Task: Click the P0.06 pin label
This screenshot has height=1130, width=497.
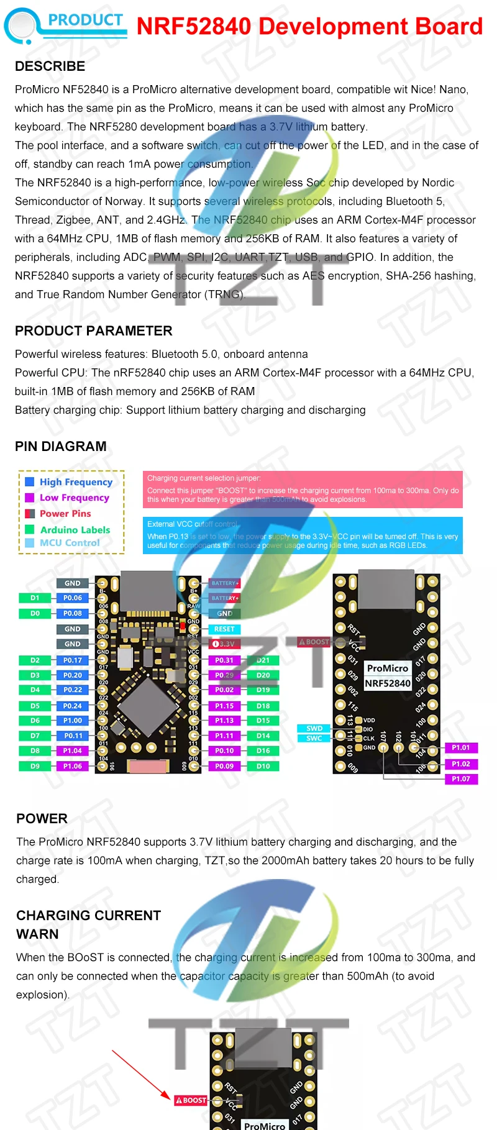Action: [x=73, y=598]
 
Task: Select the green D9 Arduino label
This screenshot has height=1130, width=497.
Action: [x=35, y=766]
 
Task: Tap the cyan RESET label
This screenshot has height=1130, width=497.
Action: [x=224, y=629]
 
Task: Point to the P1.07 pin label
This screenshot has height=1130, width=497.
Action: [x=461, y=778]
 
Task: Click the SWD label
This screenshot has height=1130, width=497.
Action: [x=314, y=728]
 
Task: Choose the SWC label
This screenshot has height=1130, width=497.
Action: [x=314, y=738]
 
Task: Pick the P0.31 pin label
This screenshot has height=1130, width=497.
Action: [x=224, y=660]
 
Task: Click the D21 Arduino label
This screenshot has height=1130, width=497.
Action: [x=263, y=660]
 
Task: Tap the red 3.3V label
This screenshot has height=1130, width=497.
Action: [x=224, y=644]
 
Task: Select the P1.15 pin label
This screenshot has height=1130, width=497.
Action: [x=224, y=706]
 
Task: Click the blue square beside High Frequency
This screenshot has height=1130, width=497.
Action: [x=29, y=481]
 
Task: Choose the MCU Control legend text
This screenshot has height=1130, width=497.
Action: [x=70, y=542]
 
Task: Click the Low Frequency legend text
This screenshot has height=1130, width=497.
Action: [x=74, y=498]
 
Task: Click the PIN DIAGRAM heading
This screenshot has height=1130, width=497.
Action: [x=61, y=446]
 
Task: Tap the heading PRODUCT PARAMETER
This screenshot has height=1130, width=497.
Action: [x=94, y=330]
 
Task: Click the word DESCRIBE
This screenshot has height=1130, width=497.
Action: [x=50, y=66]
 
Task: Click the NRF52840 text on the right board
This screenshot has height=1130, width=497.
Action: [x=388, y=683]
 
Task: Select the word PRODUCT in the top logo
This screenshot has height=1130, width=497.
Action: [x=86, y=20]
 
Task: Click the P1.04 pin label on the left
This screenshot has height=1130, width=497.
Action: [x=73, y=750]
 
